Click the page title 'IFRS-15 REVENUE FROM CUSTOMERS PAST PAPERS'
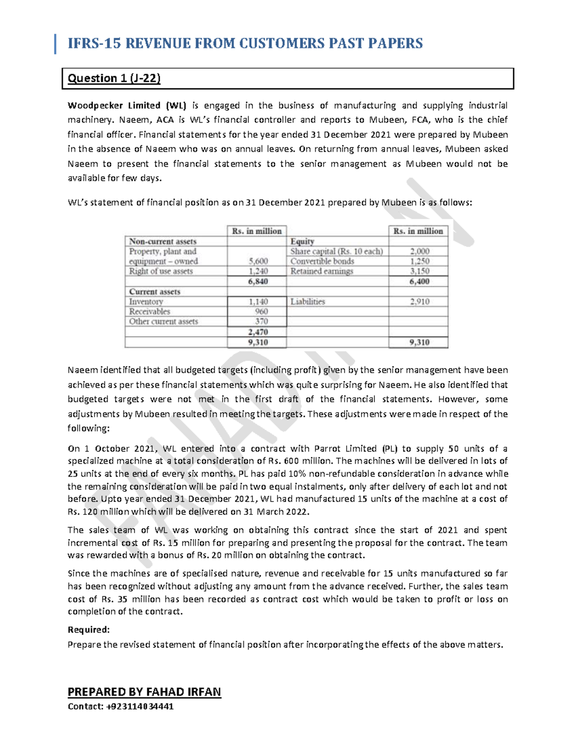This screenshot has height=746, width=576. click(x=245, y=43)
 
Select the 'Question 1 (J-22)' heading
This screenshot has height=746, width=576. click(x=114, y=78)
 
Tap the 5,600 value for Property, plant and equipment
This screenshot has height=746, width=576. click(x=258, y=261)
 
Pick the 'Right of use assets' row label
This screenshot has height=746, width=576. click(x=161, y=271)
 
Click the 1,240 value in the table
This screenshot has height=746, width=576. click(x=258, y=271)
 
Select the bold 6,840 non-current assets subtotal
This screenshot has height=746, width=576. click(x=258, y=281)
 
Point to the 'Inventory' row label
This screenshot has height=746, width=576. click(x=146, y=302)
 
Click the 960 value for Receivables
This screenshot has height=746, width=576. click(x=261, y=311)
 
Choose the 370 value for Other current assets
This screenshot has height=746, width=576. click(x=261, y=321)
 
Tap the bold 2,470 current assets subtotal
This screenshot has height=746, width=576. click(x=258, y=332)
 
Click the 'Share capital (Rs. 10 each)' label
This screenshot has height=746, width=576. click(x=336, y=251)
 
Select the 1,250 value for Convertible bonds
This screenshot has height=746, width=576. click(x=420, y=261)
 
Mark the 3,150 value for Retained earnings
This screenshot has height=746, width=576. click(x=420, y=271)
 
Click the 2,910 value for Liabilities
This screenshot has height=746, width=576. click(x=420, y=302)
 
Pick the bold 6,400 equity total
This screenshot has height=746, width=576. click(x=419, y=281)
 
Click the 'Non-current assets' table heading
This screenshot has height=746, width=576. click(x=163, y=242)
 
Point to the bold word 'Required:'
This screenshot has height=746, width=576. click(x=89, y=630)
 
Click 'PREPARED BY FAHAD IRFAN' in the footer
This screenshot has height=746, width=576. click(x=144, y=692)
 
